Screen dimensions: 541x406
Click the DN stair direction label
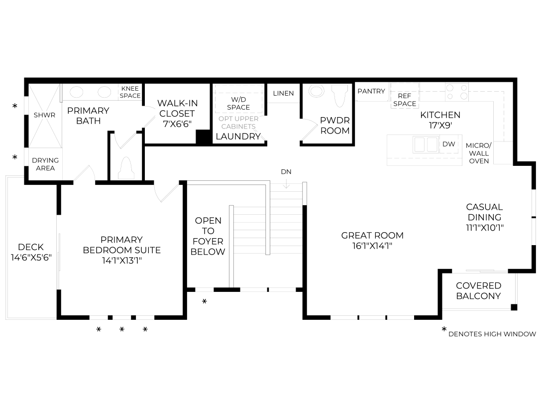286,171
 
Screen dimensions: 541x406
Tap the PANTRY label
371,91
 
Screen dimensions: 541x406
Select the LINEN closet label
283,93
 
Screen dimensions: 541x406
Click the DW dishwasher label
448,144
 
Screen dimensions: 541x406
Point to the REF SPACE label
404,100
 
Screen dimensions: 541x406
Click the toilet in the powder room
340,96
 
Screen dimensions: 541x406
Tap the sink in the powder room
317,91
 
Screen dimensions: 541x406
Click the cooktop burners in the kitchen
457,92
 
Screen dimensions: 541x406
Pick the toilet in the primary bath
126,168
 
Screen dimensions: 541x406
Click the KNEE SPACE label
130,92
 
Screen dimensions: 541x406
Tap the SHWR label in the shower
44,115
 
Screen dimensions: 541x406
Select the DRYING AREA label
45,164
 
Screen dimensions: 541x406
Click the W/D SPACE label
238,103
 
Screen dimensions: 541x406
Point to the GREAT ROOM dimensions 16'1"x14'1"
372,246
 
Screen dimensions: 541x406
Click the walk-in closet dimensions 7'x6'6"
177,124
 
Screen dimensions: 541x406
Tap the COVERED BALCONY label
478,291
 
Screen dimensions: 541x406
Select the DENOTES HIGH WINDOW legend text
492,334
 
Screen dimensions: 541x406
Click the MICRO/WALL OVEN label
479,153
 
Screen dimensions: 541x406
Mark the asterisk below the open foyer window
204,301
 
